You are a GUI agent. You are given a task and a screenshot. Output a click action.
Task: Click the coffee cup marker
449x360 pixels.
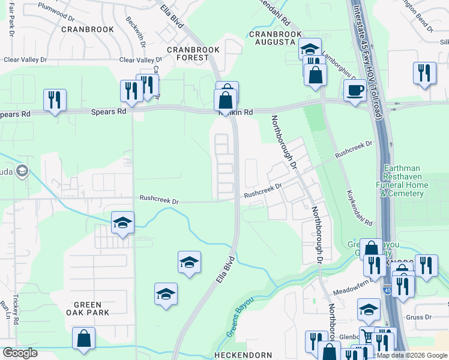[355, 91]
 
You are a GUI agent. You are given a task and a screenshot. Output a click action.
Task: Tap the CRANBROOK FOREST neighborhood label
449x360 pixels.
[188, 54]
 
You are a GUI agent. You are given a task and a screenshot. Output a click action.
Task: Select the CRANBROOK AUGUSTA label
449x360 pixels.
[272, 37]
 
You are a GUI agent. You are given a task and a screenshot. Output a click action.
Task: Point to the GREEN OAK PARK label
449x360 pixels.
[88, 308]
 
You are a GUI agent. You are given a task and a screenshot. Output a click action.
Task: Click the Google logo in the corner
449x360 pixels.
[20, 353]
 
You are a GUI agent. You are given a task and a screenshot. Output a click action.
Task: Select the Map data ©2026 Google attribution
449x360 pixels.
[411, 355]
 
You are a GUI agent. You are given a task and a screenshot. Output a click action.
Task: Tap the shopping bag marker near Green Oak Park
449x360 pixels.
[83, 338]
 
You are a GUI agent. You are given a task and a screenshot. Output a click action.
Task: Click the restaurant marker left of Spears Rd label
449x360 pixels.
[55, 99]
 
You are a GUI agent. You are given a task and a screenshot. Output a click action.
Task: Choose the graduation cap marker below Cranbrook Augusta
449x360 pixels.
[310, 49]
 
